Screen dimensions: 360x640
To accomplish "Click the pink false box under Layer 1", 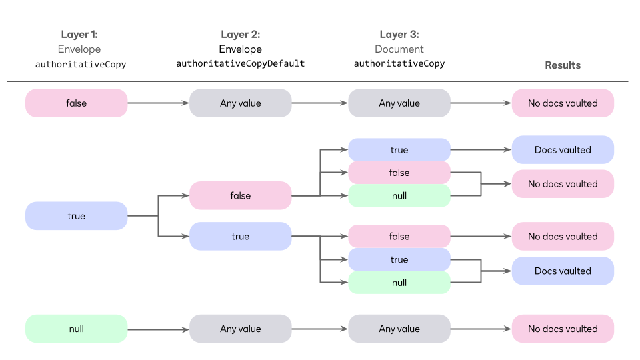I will pyautogui.click(x=76, y=103).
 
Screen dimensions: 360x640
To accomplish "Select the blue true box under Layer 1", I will pyautogui.click(x=76, y=216).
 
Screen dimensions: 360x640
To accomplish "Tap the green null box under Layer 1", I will pyautogui.click(x=76, y=329).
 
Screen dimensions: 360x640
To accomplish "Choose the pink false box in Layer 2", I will pyautogui.click(x=240, y=195).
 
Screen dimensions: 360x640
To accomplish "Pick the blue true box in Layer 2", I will pyautogui.click(x=240, y=237).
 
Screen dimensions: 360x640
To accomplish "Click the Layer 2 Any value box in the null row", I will pyautogui.click(x=240, y=329).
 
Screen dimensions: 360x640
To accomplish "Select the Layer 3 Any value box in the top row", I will pyautogui.click(x=399, y=103).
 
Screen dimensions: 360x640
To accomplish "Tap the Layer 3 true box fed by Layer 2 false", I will pyautogui.click(x=399, y=150).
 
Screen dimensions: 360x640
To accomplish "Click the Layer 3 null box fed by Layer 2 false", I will pyautogui.click(x=399, y=196).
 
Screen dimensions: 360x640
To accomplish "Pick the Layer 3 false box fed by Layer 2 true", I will pyautogui.click(x=399, y=237).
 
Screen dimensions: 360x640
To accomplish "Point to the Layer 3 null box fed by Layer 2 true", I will pyautogui.click(x=399, y=283).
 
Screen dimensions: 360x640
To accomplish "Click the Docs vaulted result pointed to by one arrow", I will pyautogui.click(x=563, y=150).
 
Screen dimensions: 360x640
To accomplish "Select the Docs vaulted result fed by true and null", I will pyautogui.click(x=563, y=271).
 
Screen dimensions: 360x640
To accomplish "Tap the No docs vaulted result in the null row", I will pyautogui.click(x=563, y=329).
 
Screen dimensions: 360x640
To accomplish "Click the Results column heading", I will pyautogui.click(x=563, y=65).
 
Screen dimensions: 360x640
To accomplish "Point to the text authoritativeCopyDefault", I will pyautogui.click(x=240, y=64).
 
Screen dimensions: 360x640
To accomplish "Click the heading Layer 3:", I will pyautogui.click(x=399, y=35).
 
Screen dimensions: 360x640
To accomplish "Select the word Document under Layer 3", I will pyautogui.click(x=399, y=49).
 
